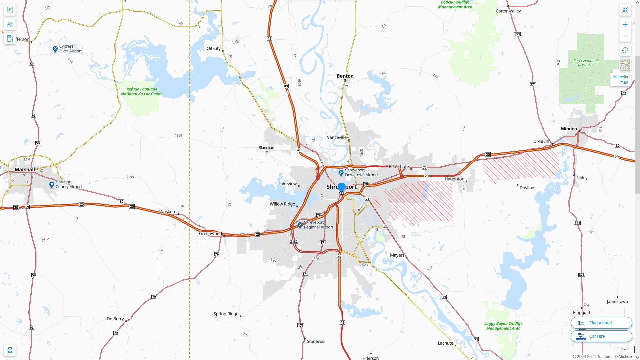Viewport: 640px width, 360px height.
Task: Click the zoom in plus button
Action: (625, 24)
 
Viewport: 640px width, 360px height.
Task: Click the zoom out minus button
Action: (625, 36)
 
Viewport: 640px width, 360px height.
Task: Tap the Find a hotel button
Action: (601, 323)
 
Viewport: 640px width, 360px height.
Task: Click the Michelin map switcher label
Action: (620, 79)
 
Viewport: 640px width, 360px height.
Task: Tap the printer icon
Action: (10, 350)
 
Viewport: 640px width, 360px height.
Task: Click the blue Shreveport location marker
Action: (341, 187)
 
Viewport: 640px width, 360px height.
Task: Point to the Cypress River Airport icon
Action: (55, 49)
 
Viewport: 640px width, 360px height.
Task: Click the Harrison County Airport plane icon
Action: (52, 185)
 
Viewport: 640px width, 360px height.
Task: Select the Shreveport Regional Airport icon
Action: (300, 225)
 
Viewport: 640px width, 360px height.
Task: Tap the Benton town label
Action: (345, 76)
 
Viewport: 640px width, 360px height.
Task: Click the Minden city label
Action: (569, 129)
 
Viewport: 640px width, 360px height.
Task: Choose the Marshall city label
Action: (25, 169)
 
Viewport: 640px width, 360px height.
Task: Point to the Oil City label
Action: (213, 48)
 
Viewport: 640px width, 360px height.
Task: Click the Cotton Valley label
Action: (508, 11)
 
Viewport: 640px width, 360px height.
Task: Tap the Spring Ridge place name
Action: (226, 314)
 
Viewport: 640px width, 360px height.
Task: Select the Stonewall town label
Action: (316, 341)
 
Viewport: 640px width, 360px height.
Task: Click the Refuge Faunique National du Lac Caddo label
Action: (142, 91)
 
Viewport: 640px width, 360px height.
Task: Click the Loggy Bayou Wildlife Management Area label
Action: (503, 326)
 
